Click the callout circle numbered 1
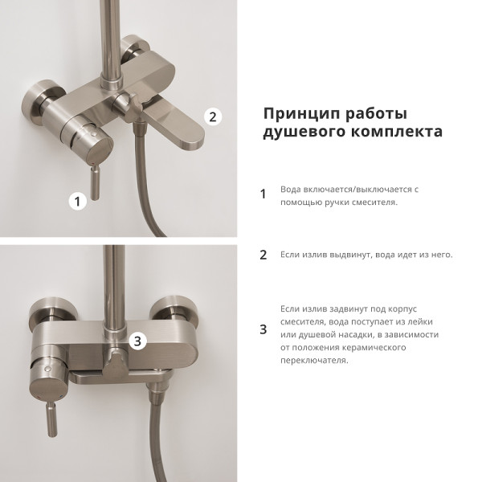click(x=77, y=202)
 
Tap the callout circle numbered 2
click(x=213, y=116)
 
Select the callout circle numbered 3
click(x=137, y=341)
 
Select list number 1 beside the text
click(x=263, y=194)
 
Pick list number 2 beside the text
click(x=263, y=255)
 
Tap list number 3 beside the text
click(x=263, y=329)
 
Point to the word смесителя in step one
click(x=373, y=202)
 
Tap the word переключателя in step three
click(x=314, y=360)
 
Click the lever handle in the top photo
click(x=96, y=182)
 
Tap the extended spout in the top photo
click(x=178, y=129)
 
